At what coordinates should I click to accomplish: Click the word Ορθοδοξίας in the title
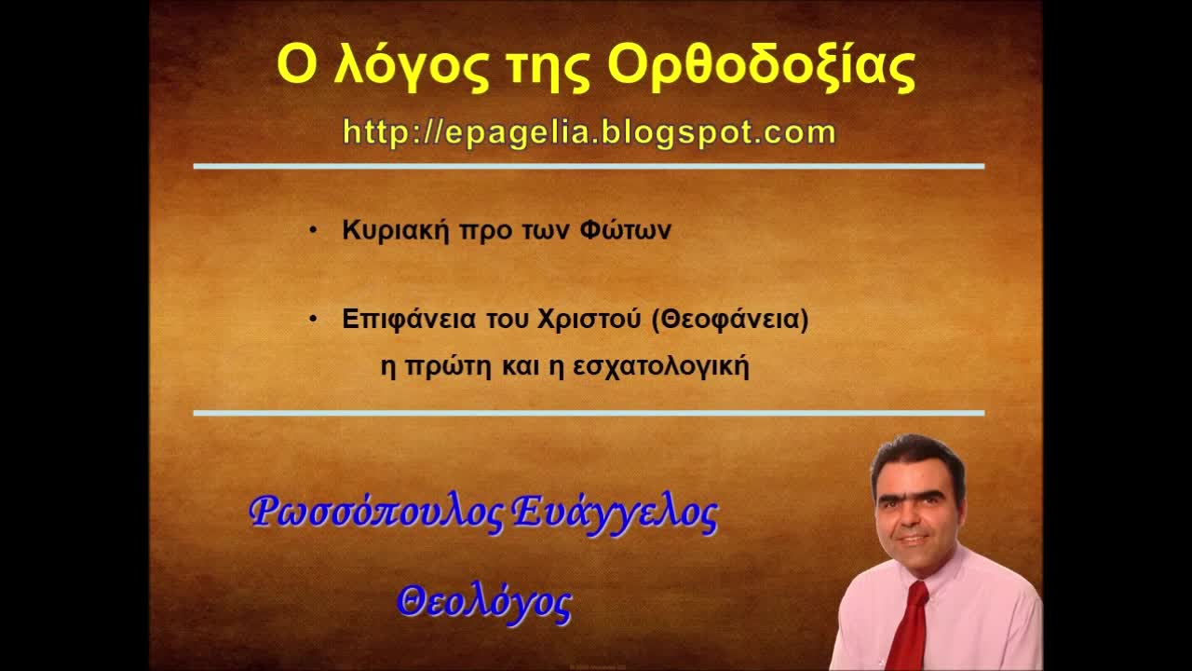click(x=761, y=65)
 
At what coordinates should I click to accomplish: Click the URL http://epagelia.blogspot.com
click(x=589, y=132)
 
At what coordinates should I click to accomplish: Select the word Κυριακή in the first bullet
click(x=397, y=231)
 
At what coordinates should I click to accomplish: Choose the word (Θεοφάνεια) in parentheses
click(x=730, y=320)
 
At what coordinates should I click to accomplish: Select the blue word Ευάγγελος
click(x=616, y=514)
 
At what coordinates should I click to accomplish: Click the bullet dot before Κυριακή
click(x=314, y=230)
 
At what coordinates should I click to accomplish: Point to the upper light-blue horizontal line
click(x=589, y=167)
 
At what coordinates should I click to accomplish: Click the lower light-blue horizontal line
click(x=589, y=412)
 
